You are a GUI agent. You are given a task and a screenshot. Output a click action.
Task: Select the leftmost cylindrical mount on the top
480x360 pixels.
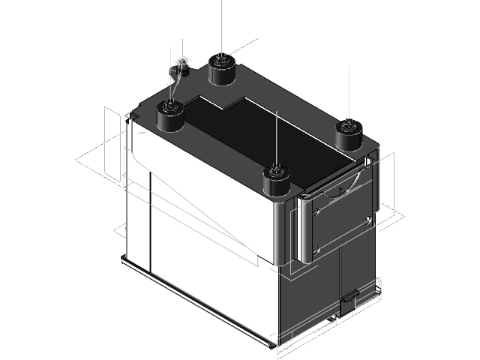(x=171, y=118)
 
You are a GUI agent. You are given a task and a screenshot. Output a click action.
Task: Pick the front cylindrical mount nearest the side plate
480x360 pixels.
(x=277, y=184)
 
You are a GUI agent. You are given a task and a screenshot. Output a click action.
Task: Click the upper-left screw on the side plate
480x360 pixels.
(x=318, y=211)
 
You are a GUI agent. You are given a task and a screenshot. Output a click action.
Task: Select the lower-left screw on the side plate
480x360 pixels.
(x=316, y=248)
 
